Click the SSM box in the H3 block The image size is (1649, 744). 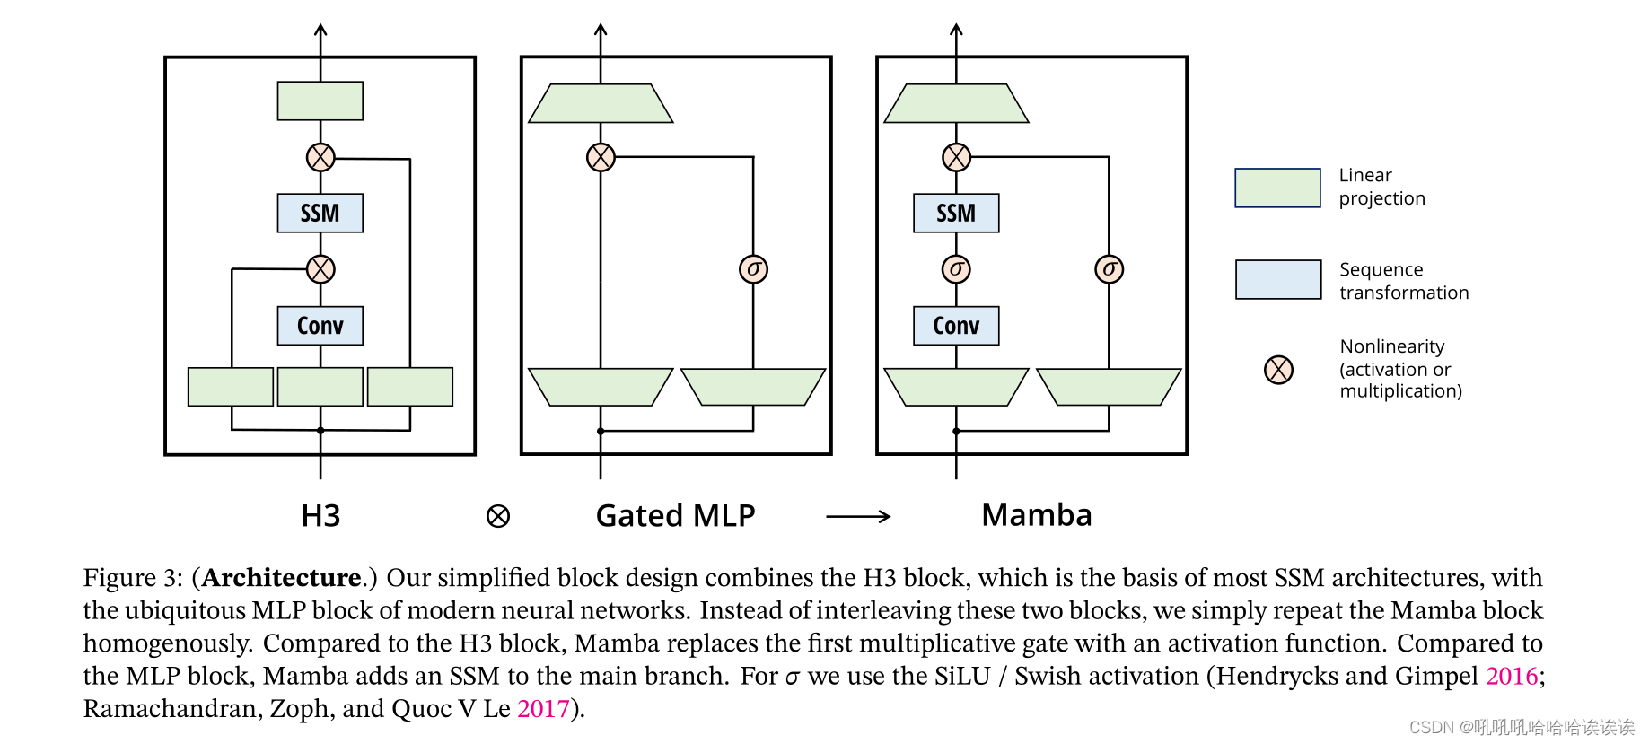coord(320,214)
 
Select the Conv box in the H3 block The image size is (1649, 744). coord(320,326)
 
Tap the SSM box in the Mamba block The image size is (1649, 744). coord(955,214)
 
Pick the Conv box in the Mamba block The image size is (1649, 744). coord(955,326)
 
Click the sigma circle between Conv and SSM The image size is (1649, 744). coord(956,269)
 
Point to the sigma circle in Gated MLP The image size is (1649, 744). coord(753,269)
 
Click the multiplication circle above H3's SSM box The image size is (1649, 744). coord(320,157)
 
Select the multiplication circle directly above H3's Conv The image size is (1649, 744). coord(320,269)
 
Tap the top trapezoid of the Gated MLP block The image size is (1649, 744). coord(601,103)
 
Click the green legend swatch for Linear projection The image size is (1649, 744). coord(1277,188)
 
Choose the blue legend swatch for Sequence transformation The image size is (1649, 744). coord(1277,280)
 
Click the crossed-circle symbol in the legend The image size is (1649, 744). coord(1278,369)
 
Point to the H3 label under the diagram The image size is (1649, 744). coord(320,516)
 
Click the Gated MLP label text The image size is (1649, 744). coord(675,516)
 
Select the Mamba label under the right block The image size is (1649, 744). coord(1036,515)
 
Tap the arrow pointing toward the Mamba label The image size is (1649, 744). coord(857,516)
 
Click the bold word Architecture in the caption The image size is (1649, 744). coord(281,577)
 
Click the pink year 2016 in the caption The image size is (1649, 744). coord(1512,676)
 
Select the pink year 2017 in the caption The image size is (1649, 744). coord(543,709)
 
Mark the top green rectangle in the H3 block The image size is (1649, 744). coord(320,101)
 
